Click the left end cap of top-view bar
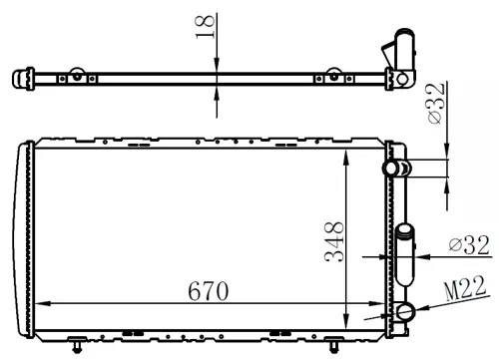click(x=17, y=77)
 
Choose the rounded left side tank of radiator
click(x=22, y=234)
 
